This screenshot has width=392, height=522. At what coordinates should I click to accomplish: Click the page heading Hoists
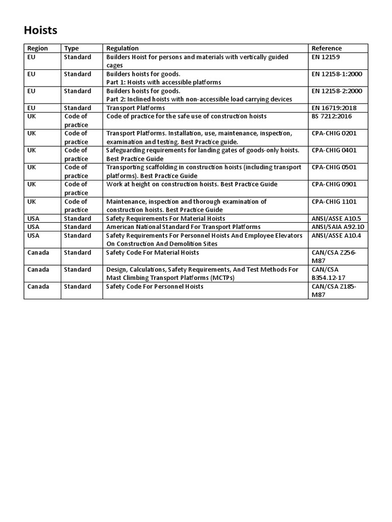pyautogui.click(x=41, y=31)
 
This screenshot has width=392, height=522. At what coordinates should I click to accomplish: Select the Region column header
pyautogui.click(x=38, y=48)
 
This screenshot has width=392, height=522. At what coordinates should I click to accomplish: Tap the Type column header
pyautogui.click(x=71, y=48)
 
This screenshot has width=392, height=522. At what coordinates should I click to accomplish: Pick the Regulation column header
pyautogui.click(x=122, y=48)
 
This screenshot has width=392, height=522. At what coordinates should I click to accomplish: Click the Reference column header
pyautogui.click(x=327, y=48)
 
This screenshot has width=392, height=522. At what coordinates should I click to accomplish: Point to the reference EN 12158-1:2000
pyautogui.click(x=336, y=74)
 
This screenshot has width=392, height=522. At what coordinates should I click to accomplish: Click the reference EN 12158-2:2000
pyautogui.click(x=336, y=91)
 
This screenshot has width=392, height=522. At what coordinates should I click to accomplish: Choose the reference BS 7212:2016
pyautogui.click(x=332, y=116)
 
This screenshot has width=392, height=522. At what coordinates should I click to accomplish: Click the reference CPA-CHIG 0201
pyautogui.click(x=334, y=134)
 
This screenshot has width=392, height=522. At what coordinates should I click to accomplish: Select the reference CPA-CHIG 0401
pyautogui.click(x=334, y=150)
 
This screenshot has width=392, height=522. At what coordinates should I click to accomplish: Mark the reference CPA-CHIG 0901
pyautogui.click(x=334, y=184)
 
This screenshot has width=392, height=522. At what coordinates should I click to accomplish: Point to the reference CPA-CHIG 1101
pyautogui.click(x=334, y=201)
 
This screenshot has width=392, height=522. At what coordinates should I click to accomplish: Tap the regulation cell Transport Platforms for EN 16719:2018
pyautogui.click(x=135, y=108)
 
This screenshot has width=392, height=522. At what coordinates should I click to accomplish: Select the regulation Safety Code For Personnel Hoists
pyautogui.click(x=155, y=286)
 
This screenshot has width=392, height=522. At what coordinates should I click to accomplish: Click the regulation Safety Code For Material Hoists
pyautogui.click(x=153, y=252)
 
